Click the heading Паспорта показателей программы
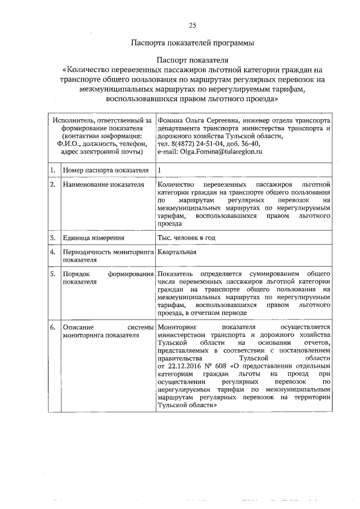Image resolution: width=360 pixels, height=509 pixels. pyautogui.click(x=192, y=43)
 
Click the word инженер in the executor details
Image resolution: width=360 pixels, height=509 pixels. pyautogui.click(x=254, y=120)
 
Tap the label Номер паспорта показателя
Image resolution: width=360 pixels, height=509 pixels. pyautogui.click(x=105, y=170)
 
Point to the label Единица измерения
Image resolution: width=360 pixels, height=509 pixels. pyautogui.click(x=89, y=238)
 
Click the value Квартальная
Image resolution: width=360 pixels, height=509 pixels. pyautogui.click(x=177, y=253)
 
